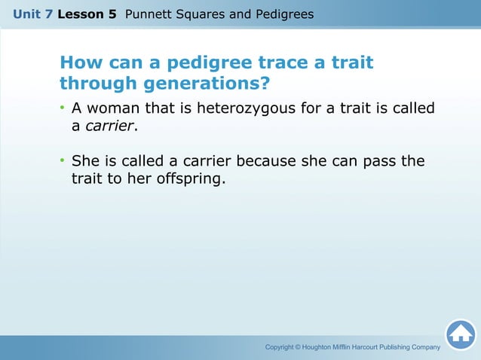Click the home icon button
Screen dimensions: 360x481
click(x=460, y=334)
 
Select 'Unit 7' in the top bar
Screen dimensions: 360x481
click(x=33, y=14)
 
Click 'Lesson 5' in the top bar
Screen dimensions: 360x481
click(x=92, y=14)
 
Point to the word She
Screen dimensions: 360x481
click(x=83, y=161)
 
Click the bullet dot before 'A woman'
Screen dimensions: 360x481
click(x=63, y=109)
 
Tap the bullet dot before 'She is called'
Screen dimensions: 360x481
click(x=63, y=162)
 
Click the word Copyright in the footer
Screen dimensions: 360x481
click(x=283, y=346)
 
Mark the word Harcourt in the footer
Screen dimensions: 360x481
click(x=383, y=346)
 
